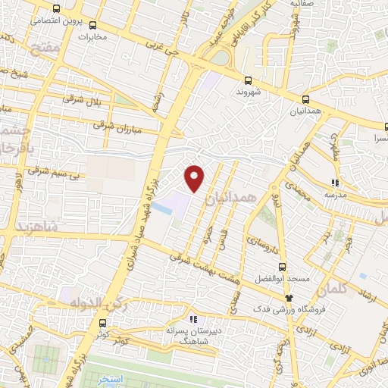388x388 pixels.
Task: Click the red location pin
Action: [x=195, y=177]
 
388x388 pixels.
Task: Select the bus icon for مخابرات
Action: [x=92, y=24]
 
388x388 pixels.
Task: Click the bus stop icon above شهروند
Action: [x=247, y=80]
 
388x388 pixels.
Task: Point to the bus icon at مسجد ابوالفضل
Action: [x=282, y=268]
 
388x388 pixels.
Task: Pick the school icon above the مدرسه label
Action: [x=335, y=182]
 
